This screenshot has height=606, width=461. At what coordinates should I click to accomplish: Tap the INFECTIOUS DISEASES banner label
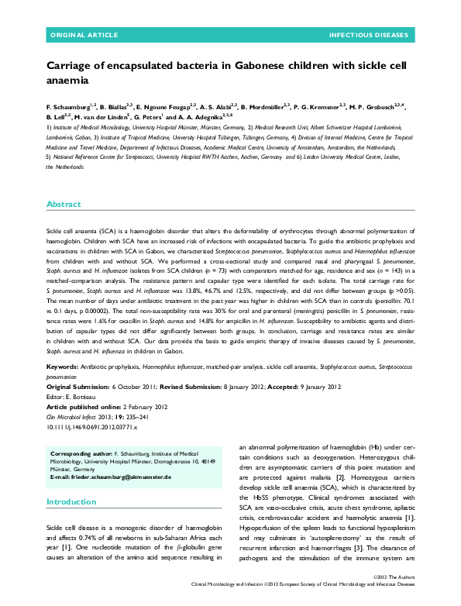[x=369, y=36]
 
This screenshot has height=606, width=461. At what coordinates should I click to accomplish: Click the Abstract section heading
[x=64, y=204]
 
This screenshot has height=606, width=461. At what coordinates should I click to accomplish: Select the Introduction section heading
[x=71, y=480]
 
